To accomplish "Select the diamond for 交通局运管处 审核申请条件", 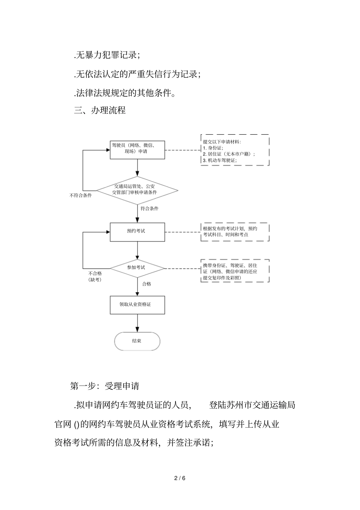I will (x=137, y=190).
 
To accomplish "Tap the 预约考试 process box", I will (x=137, y=232).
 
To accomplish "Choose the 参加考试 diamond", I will (x=137, y=268).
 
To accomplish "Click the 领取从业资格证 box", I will (x=137, y=304).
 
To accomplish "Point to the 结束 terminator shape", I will (x=137, y=341).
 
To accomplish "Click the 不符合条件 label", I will (x=80, y=196).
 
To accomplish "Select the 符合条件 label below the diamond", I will (x=149, y=209).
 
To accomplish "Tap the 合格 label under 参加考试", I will (x=146, y=284).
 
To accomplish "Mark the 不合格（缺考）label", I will (x=95, y=276).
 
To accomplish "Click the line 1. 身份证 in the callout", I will (x=213, y=148).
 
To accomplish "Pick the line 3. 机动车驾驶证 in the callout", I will (x=220, y=160).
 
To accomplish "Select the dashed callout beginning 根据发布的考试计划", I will (x=235, y=232).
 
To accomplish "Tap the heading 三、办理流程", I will (x=100, y=110).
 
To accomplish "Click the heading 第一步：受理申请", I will (x=105, y=386).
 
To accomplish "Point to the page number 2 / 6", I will (x=180, y=478).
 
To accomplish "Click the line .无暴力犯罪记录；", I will (x=107, y=55).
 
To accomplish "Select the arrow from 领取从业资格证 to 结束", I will (x=137, y=323).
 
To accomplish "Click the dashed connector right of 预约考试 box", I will (x=183, y=232).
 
